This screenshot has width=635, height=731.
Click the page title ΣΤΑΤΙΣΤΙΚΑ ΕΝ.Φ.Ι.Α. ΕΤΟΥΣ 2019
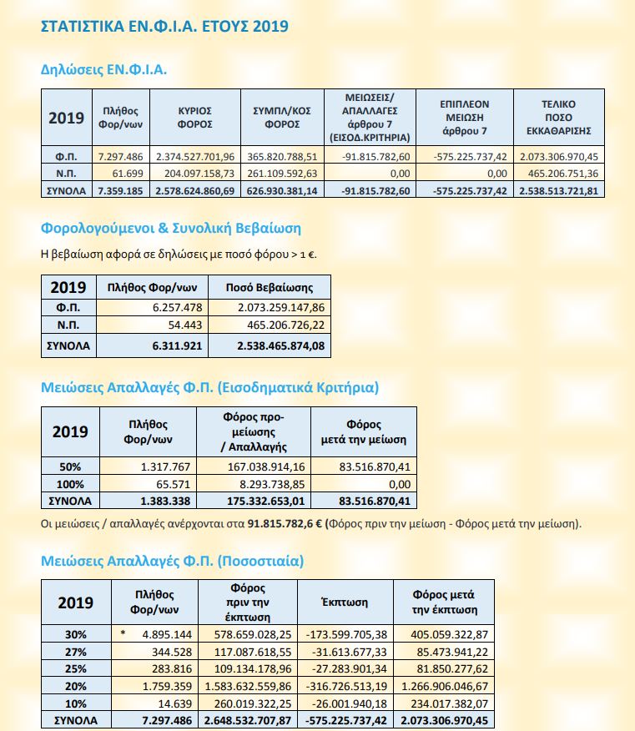coord(164,26)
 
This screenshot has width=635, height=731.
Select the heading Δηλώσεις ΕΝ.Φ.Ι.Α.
coord(103,69)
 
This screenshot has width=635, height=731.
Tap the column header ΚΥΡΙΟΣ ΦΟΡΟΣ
coord(195,118)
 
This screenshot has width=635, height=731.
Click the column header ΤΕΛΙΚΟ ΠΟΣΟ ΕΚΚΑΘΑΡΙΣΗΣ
coord(558,118)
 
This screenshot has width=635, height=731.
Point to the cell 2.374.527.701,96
coord(195,157)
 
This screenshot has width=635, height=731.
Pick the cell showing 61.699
coord(128,174)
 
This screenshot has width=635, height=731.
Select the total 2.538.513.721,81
coord(558,191)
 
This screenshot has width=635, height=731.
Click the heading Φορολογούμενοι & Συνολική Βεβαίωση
coord(170,229)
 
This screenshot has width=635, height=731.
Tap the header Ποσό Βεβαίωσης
coord(270,288)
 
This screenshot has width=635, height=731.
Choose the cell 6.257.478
coord(178,308)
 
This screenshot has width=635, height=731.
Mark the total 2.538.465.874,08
coord(280,346)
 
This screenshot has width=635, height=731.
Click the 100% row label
coord(70,484)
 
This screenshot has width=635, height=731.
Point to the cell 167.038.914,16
coord(266,466)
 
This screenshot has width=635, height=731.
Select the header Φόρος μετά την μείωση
coord(364,431)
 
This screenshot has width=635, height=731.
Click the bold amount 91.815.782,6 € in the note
coord(285,523)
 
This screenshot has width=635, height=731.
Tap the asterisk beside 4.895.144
coord(123,633)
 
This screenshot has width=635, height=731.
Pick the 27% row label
coord(76,652)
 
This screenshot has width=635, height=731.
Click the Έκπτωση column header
coord(345,602)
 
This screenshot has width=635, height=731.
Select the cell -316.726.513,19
coord(346,686)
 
